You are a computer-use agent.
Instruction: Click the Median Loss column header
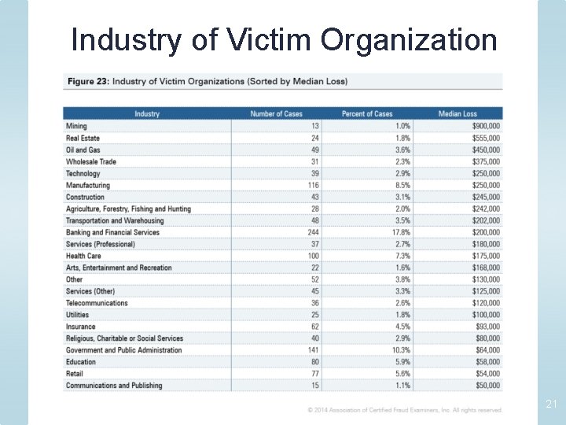[458, 113]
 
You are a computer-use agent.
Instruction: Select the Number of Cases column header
[276, 113]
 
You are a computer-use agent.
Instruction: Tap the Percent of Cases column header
[366, 113]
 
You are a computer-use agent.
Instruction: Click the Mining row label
[76, 126]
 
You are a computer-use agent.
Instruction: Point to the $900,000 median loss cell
[486, 126]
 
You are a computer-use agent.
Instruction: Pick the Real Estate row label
[83, 138]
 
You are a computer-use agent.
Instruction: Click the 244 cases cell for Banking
[313, 232]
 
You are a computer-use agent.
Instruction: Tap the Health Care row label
[83, 256]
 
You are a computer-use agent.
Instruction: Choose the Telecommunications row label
[97, 303]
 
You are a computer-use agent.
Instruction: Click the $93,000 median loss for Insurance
[488, 327]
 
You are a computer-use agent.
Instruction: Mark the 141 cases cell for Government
[314, 350]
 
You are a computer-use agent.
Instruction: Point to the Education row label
[81, 362]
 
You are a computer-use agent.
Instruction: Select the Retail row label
[75, 374]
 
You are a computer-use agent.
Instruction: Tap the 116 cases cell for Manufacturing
[314, 185]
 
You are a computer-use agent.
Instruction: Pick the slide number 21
[551, 404]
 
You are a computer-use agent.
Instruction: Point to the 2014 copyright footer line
[405, 409]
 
